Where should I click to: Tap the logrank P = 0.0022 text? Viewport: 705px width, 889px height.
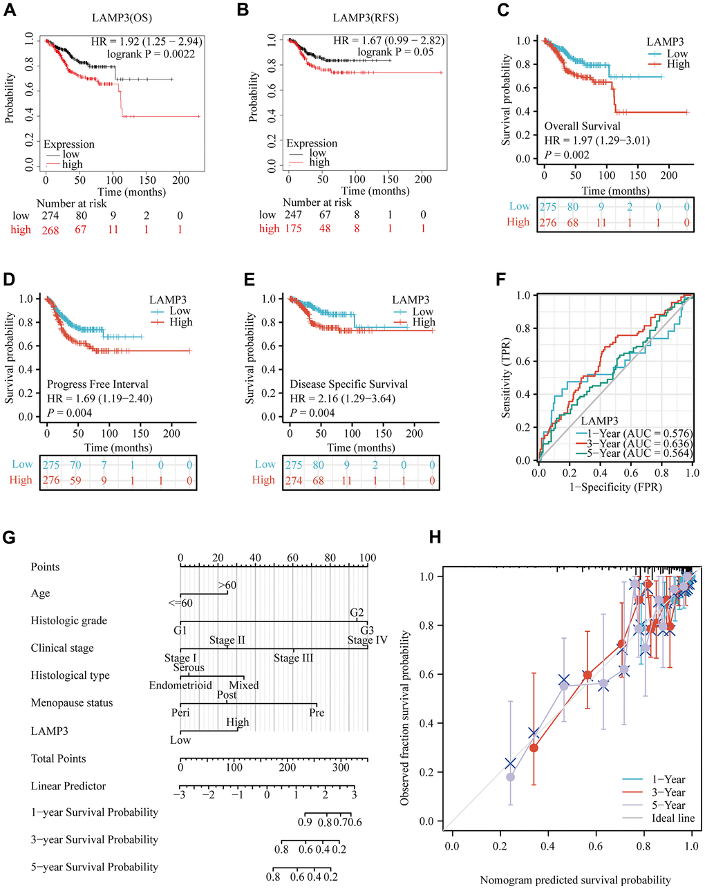pyautogui.click(x=151, y=54)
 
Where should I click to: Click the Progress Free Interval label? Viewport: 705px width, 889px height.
pyautogui.click(x=97, y=384)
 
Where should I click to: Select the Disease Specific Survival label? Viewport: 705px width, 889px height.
pyautogui.click(x=348, y=384)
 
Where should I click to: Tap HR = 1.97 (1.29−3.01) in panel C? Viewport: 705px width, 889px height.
pyautogui.click(x=596, y=140)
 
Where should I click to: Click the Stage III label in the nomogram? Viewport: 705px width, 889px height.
pyautogui.click(x=293, y=658)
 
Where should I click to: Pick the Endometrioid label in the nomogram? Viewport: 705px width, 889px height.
pyautogui.click(x=180, y=686)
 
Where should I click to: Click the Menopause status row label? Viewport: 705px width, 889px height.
pyautogui.click(x=71, y=703)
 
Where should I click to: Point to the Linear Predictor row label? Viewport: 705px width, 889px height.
pyautogui.click(x=68, y=786)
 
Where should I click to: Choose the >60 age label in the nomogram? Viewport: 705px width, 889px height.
pyautogui.click(x=227, y=586)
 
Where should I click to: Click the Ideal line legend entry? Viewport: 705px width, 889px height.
pyautogui.click(x=673, y=818)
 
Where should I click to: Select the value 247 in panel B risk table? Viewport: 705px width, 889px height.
pyautogui.click(x=293, y=215)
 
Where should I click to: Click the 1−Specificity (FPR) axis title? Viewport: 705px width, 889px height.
pyautogui.click(x=615, y=487)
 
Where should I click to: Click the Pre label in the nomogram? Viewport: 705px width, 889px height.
pyautogui.click(x=317, y=713)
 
